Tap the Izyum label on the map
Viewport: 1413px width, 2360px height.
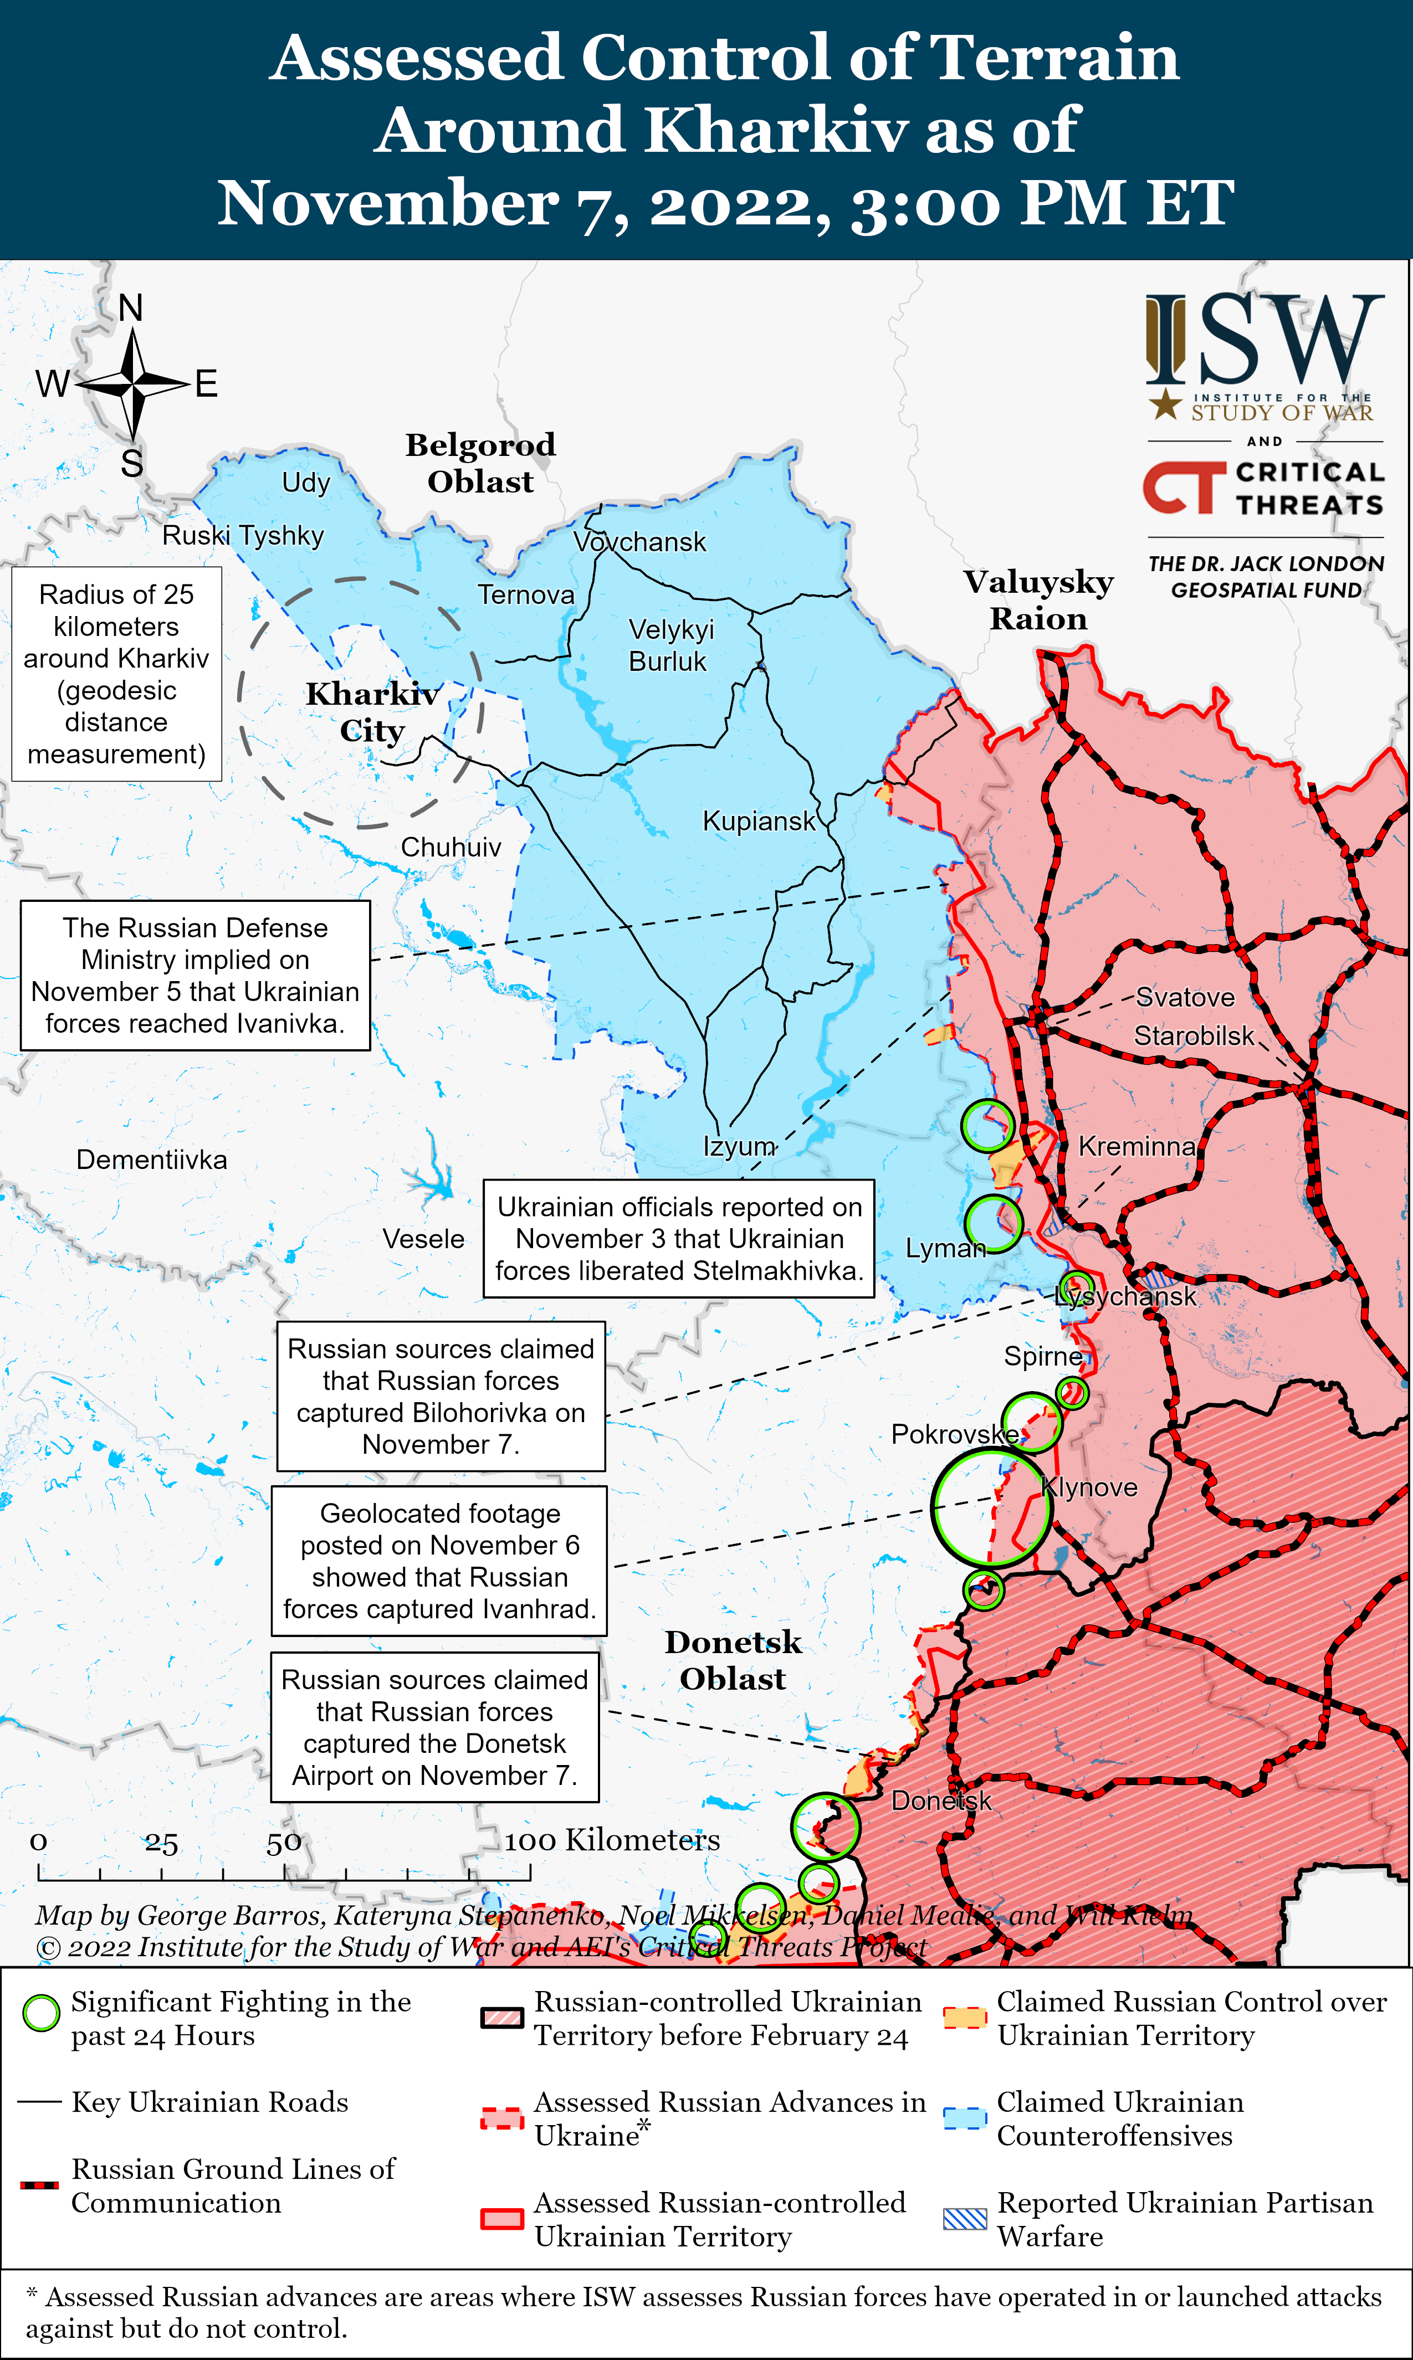point(739,1146)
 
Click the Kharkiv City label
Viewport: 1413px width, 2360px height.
point(372,712)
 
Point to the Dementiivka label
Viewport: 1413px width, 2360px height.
point(151,1160)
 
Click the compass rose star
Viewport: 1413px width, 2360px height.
point(134,384)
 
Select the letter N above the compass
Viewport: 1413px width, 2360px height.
point(131,307)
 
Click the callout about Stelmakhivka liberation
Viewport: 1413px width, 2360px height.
point(679,1239)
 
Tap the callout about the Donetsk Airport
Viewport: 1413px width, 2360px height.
point(434,1727)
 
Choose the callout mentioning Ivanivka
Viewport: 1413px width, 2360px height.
point(195,976)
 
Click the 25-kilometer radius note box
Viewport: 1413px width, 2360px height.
point(116,674)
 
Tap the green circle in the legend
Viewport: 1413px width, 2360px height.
point(41,2013)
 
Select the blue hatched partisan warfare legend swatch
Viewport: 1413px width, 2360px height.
point(965,2218)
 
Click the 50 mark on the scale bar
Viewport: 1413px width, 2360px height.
point(284,1843)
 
